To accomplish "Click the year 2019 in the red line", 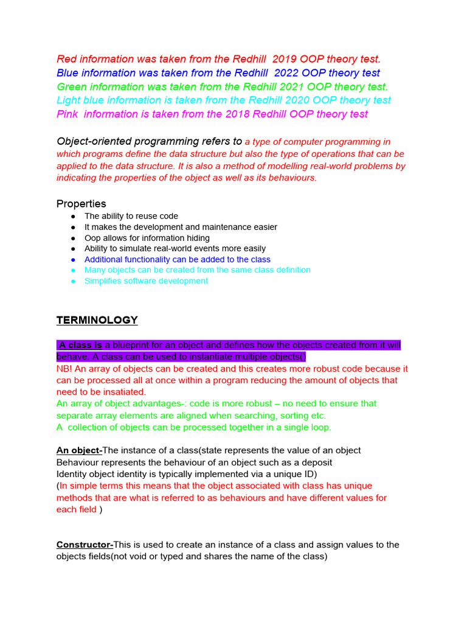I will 284,59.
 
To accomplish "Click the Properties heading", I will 81,203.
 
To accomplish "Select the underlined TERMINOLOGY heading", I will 97,320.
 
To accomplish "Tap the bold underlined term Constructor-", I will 85,545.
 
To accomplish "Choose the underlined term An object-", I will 79,450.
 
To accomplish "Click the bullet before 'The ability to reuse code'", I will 73,217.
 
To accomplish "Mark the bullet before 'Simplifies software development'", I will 73,281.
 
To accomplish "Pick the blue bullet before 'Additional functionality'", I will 73,260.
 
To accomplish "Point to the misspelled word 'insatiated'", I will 123,392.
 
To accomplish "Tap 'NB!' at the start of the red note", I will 64,369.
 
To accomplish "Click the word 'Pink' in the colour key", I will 67,114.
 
